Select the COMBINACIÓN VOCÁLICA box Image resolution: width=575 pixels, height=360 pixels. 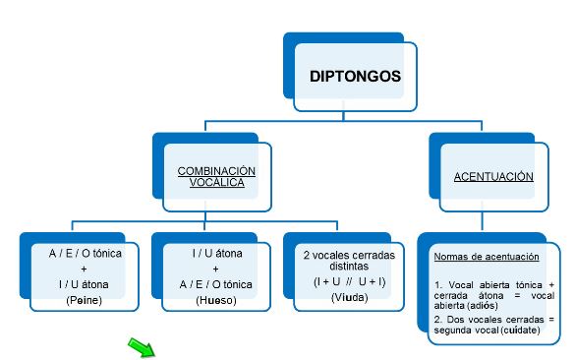point(215,177)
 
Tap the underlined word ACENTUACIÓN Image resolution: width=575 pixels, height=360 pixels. point(493,177)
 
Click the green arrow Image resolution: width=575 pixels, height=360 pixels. point(143,346)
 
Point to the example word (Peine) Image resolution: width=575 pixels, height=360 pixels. point(84,299)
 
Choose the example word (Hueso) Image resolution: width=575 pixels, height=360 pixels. point(215,299)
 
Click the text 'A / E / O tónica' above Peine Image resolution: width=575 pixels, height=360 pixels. point(85,253)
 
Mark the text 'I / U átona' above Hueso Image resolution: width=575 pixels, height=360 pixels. point(216,253)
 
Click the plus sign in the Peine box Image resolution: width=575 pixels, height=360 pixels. point(85,269)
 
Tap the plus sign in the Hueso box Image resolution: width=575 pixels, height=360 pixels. point(216,269)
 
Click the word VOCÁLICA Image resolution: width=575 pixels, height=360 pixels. point(215,184)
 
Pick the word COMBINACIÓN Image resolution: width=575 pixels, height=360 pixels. point(215,170)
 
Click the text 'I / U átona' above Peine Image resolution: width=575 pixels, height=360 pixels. point(85,284)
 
